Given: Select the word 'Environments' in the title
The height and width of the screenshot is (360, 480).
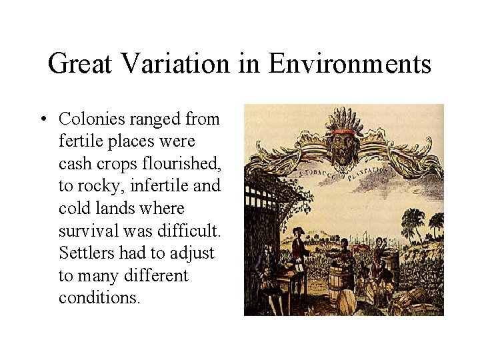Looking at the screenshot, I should [349, 65].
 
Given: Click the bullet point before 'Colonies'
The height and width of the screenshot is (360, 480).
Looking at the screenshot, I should [42, 119].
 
